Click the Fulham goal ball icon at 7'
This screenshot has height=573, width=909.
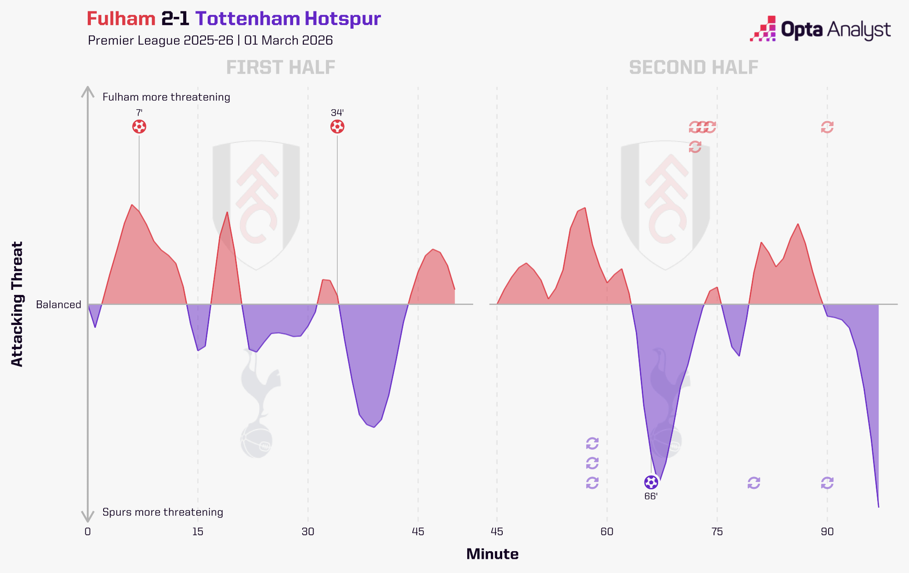click(x=139, y=127)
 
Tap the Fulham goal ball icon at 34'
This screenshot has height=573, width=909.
click(x=337, y=127)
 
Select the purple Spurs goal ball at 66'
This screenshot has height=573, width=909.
click(x=651, y=482)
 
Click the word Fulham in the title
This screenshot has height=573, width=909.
click(x=121, y=19)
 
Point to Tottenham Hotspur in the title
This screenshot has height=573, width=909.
click(x=288, y=19)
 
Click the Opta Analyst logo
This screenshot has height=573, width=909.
click(x=820, y=29)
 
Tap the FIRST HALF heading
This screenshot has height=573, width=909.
click(x=280, y=68)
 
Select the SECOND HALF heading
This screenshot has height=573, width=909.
click(x=694, y=68)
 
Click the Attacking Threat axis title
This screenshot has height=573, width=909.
click(x=17, y=304)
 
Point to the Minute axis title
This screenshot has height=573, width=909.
click(x=492, y=554)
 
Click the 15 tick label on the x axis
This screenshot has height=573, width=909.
click(x=198, y=532)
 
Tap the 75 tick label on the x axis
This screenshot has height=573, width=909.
click(x=717, y=532)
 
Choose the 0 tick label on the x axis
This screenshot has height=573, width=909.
click(x=88, y=532)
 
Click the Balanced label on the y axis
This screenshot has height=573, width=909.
click(x=59, y=304)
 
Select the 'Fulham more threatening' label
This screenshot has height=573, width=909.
click(x=166, y=97)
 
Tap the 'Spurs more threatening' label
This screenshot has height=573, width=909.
click(x=163, y=512)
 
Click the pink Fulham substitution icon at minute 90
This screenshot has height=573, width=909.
click(x=827, y=127)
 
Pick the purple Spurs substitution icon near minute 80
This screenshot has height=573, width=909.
click(x=754, y=483)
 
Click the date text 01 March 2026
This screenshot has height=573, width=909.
click(x=288, y=41)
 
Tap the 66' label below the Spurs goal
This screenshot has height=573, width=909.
click(x=651, y=497)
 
